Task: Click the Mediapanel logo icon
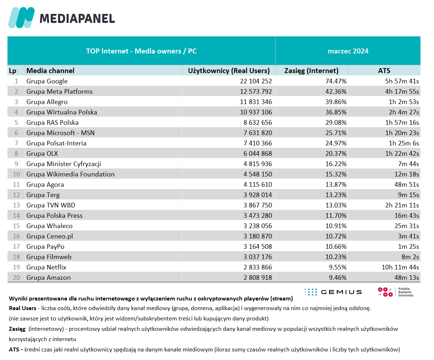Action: [x=21, y=17]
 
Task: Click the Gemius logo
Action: [x=333, y=292]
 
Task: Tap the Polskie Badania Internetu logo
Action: [x=396, y=292]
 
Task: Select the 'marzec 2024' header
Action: [x=348, y=51]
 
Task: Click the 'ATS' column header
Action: [x=384, y=71]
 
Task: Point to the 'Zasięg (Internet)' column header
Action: [x=312, y=71]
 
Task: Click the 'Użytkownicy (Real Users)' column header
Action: [x=229, y=71]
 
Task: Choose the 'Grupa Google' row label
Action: [x=47, y=81]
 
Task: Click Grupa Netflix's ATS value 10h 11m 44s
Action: [x=400, y=267]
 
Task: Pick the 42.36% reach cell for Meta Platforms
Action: [x=336, y=92]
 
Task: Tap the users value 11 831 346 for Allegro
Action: [x=256, y=102]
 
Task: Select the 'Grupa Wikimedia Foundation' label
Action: [x=70, y=174]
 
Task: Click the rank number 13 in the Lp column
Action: [x=16, y=205]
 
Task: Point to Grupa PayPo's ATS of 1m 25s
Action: [x=408, y=247]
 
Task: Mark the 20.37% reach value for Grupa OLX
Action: [x=336, y=154]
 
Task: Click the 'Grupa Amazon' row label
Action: [x=48, y=278]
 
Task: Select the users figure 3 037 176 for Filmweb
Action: [x=258, y=257]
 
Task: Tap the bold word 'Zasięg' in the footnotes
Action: [x=17, y=329]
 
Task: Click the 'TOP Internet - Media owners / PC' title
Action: [x=141, y=51]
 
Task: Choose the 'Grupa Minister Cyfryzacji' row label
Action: [x=64, y=164]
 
